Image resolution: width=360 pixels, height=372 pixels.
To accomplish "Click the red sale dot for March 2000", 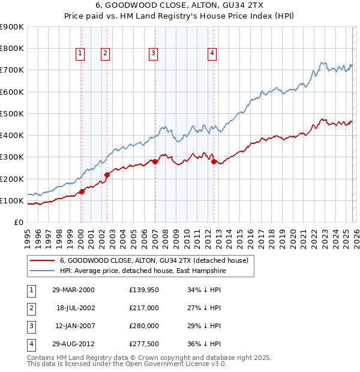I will coord(82,192).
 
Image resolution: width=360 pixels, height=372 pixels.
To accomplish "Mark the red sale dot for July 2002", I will coord(107,175).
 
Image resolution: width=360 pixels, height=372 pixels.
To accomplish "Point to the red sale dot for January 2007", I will coord(155,161).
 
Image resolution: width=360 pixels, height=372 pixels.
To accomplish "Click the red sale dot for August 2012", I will coord(214,162).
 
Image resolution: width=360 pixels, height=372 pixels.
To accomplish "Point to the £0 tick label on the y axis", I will coord(18,222).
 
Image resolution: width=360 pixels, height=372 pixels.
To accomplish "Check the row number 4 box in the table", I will coord(31,344).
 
